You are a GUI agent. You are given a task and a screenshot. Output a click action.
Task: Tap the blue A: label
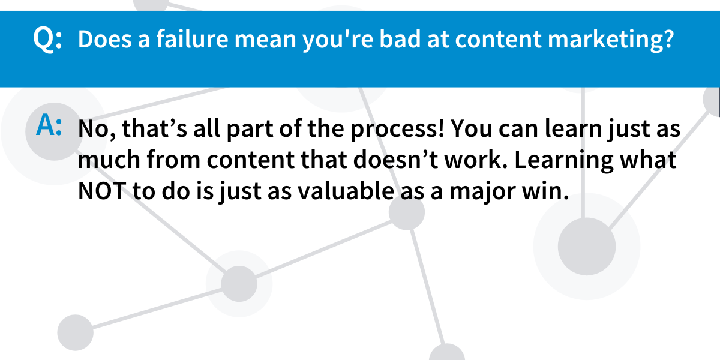[49, 125]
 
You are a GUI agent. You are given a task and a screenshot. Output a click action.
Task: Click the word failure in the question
[192, 39]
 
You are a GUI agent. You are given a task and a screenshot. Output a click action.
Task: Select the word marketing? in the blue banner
[610, 41]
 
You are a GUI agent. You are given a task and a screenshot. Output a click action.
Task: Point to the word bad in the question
[400, 39]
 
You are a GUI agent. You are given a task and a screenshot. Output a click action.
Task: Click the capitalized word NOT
[102, 191]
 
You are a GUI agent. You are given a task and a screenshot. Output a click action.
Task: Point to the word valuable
[346, 191]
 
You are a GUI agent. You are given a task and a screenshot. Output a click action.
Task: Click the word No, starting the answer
[97, 129]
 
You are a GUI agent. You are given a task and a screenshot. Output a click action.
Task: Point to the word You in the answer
[472, 128]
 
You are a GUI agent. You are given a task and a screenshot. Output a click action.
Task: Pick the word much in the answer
[109, 159]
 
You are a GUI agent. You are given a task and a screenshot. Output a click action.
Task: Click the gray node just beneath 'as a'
[407, 212]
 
